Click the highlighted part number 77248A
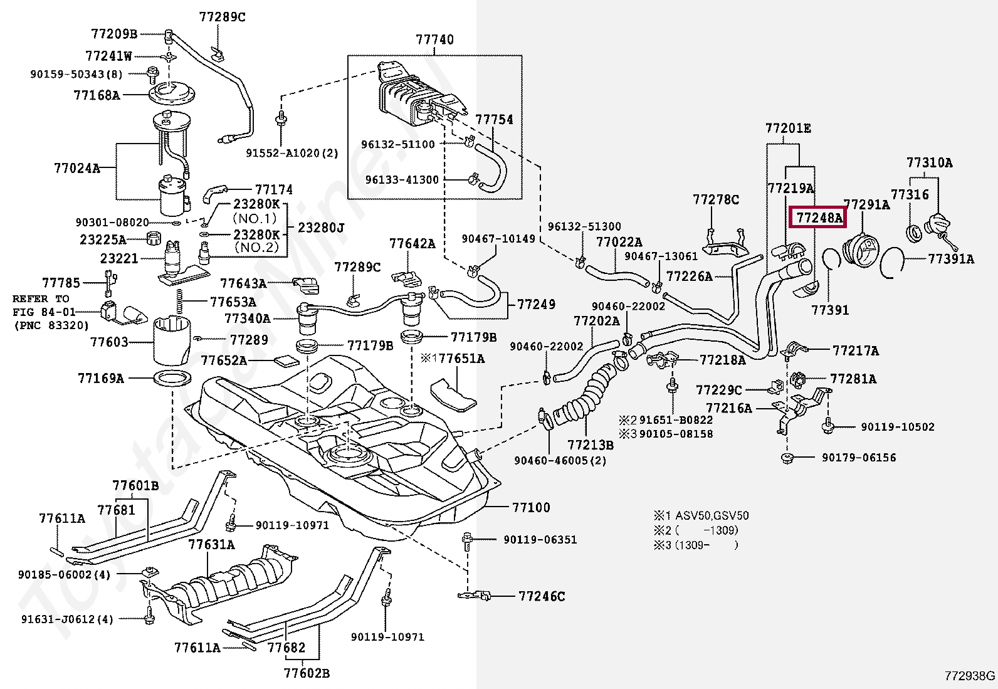pyautogui.click(x=818, y=218)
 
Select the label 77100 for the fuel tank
pyautogui.click(x=530, y=507)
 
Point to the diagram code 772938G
pyautogui.click(x=969, y=676)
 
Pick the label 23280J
pyautogui.click(x=322, y=228)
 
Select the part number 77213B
pyautogui.click(x=590, y=445)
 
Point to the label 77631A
pyautogui.click(x=211, y=544)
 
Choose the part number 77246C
pyautogui.click(x=542, y=596)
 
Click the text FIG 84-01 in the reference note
pyautogui.click(x=44, y=312)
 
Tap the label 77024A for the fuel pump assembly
pyautogui.click(x=76, y=168)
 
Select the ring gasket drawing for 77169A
pyautogui.click(x=172, y=379)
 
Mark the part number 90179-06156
pyautogui.click(x=859, y=458)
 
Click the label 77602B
pyautogui.click(x=306, y=673)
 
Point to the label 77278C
pyautogui.click(x=715, y=200)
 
